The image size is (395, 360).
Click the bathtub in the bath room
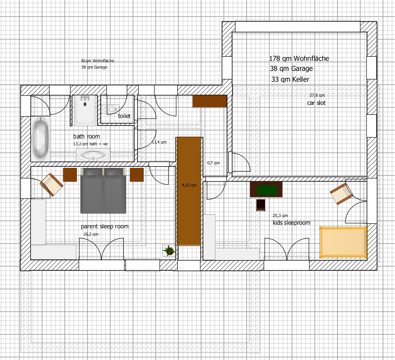click(x=40, y=139)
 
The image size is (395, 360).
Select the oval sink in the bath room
click(x=93, y=155)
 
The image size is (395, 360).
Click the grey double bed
click(x=103, y=191)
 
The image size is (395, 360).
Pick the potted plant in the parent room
click(x=169, y=251)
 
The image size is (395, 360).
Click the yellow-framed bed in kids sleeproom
click(x=343, y=242)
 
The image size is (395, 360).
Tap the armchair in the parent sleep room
click(x=52, y=184)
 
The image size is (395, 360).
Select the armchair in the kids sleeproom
click(x=341, y=194)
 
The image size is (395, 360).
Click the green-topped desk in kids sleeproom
click(x=266, y=189)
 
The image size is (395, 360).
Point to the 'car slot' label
click(x=316, y=103)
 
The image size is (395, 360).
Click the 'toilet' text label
click(x=124, y=116)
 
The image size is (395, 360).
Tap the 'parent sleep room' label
click(x=105, y=227)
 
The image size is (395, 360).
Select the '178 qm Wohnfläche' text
click(x=299, y=59)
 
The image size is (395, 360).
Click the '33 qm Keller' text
click(x=290, y=79)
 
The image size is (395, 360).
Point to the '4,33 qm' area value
click(x=189, y=185)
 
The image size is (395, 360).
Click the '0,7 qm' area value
click(x=213, y=163)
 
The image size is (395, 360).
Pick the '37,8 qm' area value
click(x=317, y=95)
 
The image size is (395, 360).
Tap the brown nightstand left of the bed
click(x=70, y=175)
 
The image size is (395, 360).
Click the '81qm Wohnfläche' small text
click(x=97, y=61)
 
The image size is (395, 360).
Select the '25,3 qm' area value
click(x=280, y=216)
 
